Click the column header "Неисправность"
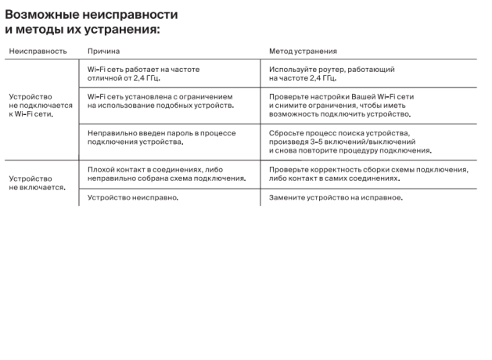coord(38,51)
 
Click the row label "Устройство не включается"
coord(36,183)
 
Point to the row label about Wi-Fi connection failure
coord(40,105)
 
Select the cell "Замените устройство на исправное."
coord(336,198)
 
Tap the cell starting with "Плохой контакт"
coord(166,174)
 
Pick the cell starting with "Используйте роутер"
coord(332,74)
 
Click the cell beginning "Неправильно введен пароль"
coord(161,138)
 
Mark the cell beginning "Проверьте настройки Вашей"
coord(341,105)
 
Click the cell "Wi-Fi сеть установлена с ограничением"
coord(160,101)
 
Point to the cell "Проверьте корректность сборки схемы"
coord(368,174)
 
